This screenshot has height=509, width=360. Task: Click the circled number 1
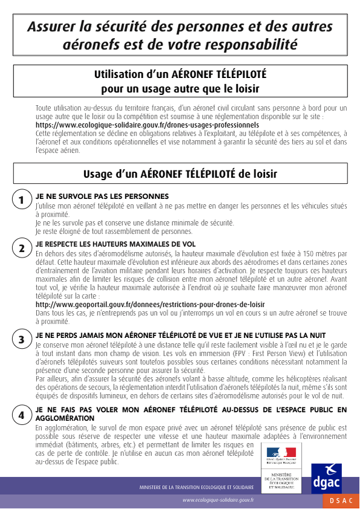point(21,200)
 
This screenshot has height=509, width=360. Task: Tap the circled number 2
point(21,248)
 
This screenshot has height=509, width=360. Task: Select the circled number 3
point(21,340)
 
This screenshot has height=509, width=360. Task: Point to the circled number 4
point(21,415)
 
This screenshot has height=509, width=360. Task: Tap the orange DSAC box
point(340,501)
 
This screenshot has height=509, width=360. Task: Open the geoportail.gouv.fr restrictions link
point(150,305)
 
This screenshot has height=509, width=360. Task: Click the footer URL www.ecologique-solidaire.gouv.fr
point(218,501)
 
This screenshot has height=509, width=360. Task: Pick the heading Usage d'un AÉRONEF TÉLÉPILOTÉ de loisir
point(180,174)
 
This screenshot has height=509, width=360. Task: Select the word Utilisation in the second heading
point(121,75)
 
